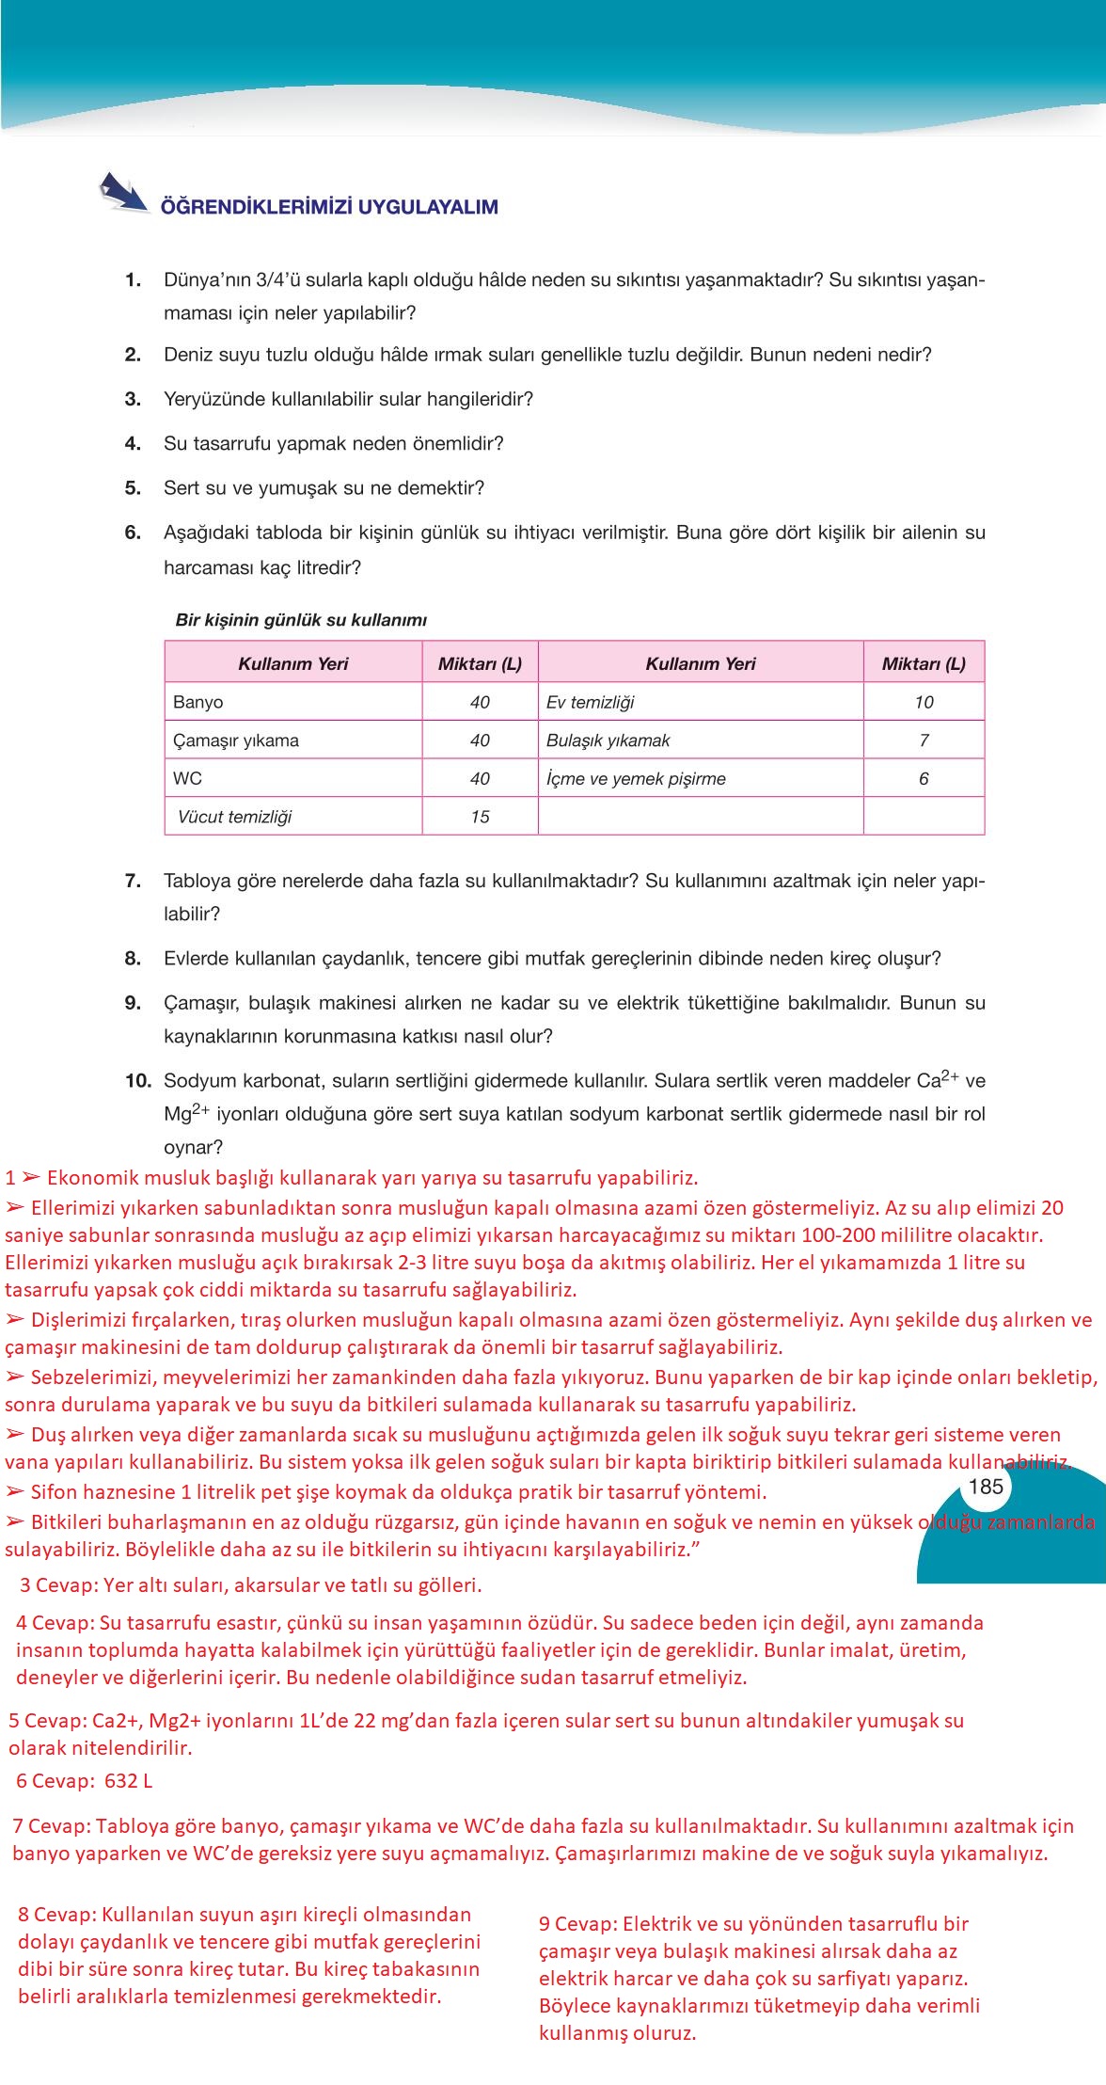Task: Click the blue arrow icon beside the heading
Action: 123,192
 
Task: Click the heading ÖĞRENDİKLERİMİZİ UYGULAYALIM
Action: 329,207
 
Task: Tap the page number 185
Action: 986,1487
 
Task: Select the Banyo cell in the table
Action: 198,702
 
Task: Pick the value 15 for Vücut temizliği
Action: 480,817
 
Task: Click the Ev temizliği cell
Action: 591,702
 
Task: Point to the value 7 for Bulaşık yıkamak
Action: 924,740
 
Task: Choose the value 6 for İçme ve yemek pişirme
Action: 924,779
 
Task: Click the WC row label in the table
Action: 187,779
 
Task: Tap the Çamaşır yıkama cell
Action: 236,740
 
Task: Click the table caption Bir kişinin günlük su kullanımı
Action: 301,620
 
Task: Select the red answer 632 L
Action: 122,1780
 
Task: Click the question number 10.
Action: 137,1080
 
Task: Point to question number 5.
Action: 133,487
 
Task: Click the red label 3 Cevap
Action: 58,1584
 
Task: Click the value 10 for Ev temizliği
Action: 924,702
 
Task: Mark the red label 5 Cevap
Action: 47,1721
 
